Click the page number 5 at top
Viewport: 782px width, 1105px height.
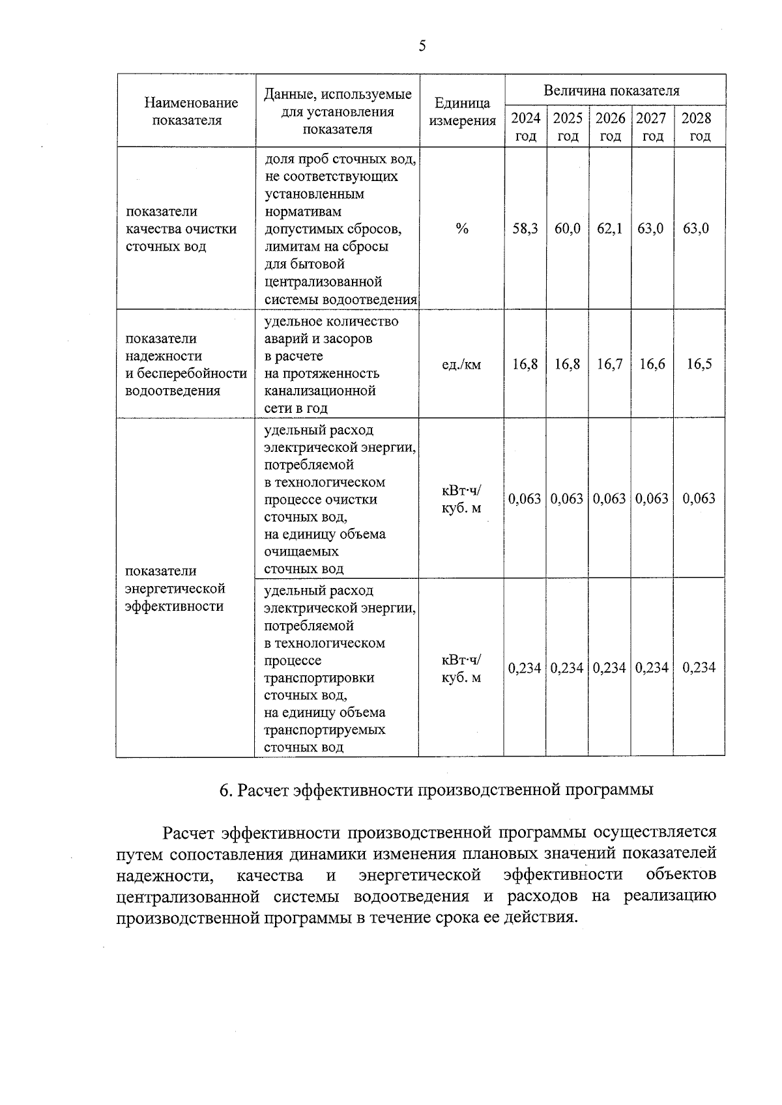click(x=422, y=46)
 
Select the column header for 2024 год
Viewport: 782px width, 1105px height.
click(x=525, y=127)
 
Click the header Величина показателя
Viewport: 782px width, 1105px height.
click(x=611, y=91)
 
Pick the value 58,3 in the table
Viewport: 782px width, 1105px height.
click(x=525, y=229)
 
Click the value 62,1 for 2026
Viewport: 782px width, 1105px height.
click(x=610, y=229)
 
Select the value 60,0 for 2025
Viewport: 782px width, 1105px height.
click(x=568, y=229)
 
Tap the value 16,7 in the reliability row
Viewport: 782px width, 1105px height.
click(x=610, y=364)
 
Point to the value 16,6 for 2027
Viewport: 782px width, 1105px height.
click(x=652, y=364)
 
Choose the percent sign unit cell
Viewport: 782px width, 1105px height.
click(x=462, y=229)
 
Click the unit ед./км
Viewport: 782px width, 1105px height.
click(x=461, y=365)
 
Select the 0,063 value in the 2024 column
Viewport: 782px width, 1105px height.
click(x=525, y=499)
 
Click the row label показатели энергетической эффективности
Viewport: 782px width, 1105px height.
click(x=175, y=589)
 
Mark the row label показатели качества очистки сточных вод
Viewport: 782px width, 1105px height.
click(x=181, y=229)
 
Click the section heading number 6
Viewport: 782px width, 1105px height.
click(x=225, y=790)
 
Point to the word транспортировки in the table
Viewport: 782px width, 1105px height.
click(x=310, y=678)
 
